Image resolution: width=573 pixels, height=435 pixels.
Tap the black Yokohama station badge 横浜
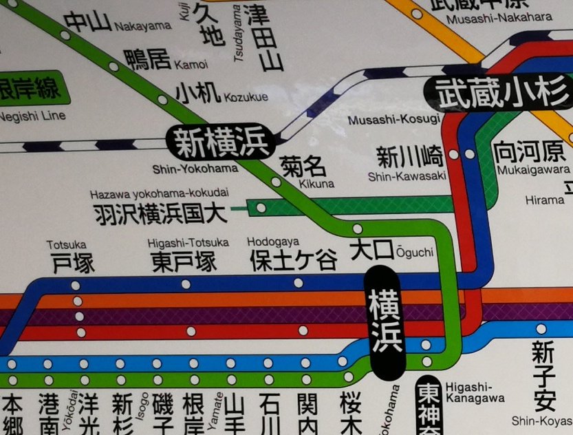[385, 322]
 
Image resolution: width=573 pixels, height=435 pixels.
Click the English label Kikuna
[316, 184]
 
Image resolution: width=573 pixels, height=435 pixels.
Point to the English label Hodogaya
[273, 242]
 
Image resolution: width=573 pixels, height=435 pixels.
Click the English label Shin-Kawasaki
[408, 176]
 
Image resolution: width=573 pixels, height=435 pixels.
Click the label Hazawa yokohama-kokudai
[159, 193]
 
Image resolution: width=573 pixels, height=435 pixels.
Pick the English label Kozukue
[246, 97]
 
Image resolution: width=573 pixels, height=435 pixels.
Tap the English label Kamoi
[191, 65]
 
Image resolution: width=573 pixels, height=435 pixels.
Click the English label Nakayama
[143, 26]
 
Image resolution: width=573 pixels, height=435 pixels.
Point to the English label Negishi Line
[32, 116]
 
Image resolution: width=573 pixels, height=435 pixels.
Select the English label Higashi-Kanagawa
[475, 392]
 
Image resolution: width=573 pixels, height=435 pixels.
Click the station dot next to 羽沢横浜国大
[261, 207]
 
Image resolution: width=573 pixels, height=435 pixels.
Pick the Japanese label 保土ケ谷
[294, 261]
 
